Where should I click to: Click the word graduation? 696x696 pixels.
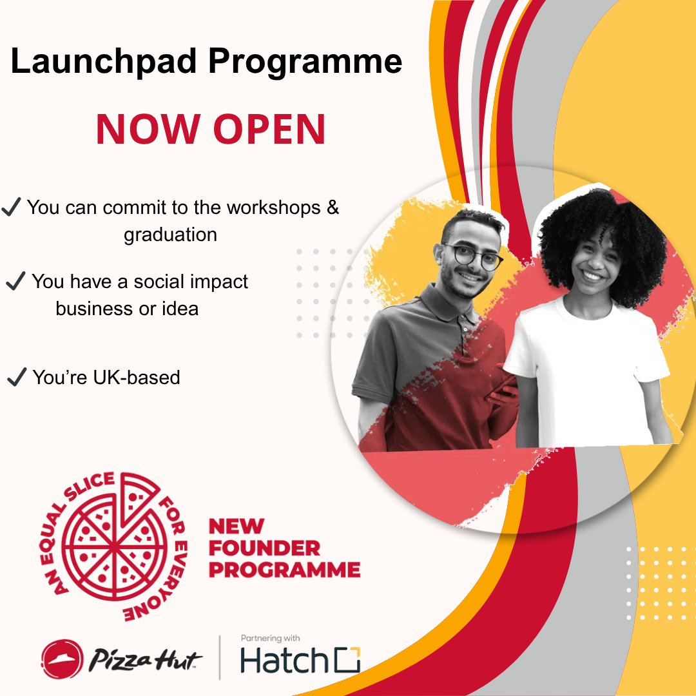pos(170,235)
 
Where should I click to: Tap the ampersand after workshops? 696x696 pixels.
pos(332,208)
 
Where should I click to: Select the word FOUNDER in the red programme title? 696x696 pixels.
pos(264,548)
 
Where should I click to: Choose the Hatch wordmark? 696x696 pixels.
pos(280,661)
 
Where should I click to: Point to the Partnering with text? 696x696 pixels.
pos(270,638)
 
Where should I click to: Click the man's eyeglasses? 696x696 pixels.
pos(473,256)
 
